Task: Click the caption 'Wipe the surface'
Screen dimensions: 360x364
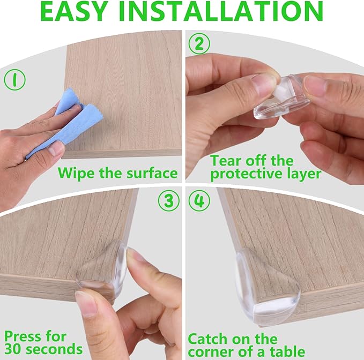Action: tap(117, 172)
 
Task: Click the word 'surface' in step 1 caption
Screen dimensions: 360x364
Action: tap(149, 172)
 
